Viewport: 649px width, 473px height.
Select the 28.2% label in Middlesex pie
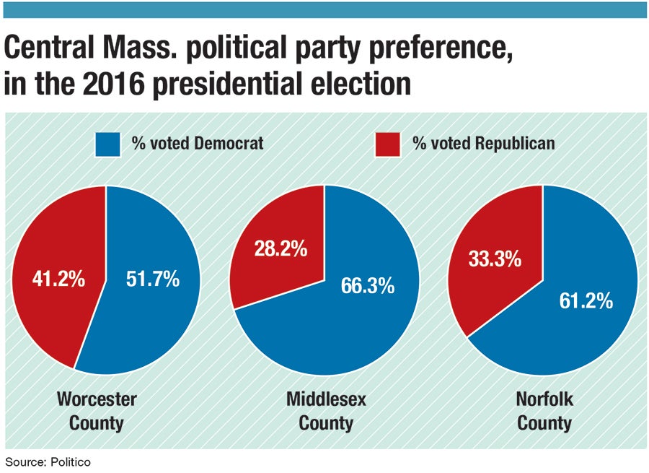tap(281, 249)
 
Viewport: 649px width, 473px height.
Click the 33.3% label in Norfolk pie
tap(495, 259)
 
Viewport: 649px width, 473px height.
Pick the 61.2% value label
tap(586, 300)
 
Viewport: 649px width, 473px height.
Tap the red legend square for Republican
tap(388, 143)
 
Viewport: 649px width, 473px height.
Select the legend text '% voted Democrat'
tap(197, 143)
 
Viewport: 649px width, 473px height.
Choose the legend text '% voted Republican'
tap(483, 143)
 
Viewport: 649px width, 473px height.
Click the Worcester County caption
tap(97, 410)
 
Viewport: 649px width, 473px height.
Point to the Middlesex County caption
tap(325, 410)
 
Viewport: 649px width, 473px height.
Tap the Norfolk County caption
tap(544, 410)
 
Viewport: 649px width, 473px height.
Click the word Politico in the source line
tap(70, 461)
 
